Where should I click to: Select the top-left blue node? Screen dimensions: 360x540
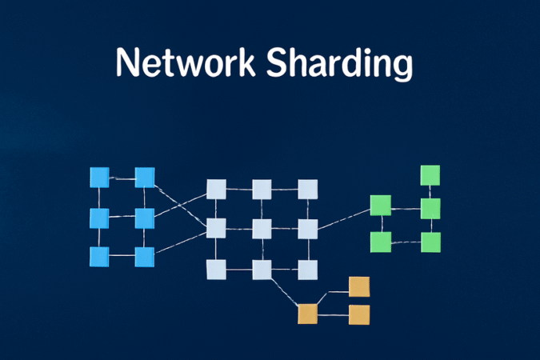point(99,177)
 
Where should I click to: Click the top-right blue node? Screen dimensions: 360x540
point(145,177)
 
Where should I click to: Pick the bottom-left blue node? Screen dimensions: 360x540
point(99,257)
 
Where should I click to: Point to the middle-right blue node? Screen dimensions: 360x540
point(145,218)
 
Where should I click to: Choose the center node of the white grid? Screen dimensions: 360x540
point(262,229)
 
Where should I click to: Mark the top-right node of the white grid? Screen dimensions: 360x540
point(308,190)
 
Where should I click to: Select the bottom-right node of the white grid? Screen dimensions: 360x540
point(308,269)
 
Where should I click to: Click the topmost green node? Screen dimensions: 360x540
point(430,175)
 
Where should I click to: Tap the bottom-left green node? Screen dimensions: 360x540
point(380,241)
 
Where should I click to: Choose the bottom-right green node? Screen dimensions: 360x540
point(431,242)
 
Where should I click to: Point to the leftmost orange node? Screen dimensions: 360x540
point(307,314)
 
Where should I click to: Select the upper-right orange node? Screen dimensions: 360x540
point(359,286)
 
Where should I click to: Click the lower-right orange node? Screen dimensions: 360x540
point(359,314)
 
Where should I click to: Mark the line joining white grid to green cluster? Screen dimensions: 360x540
point(344,218)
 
